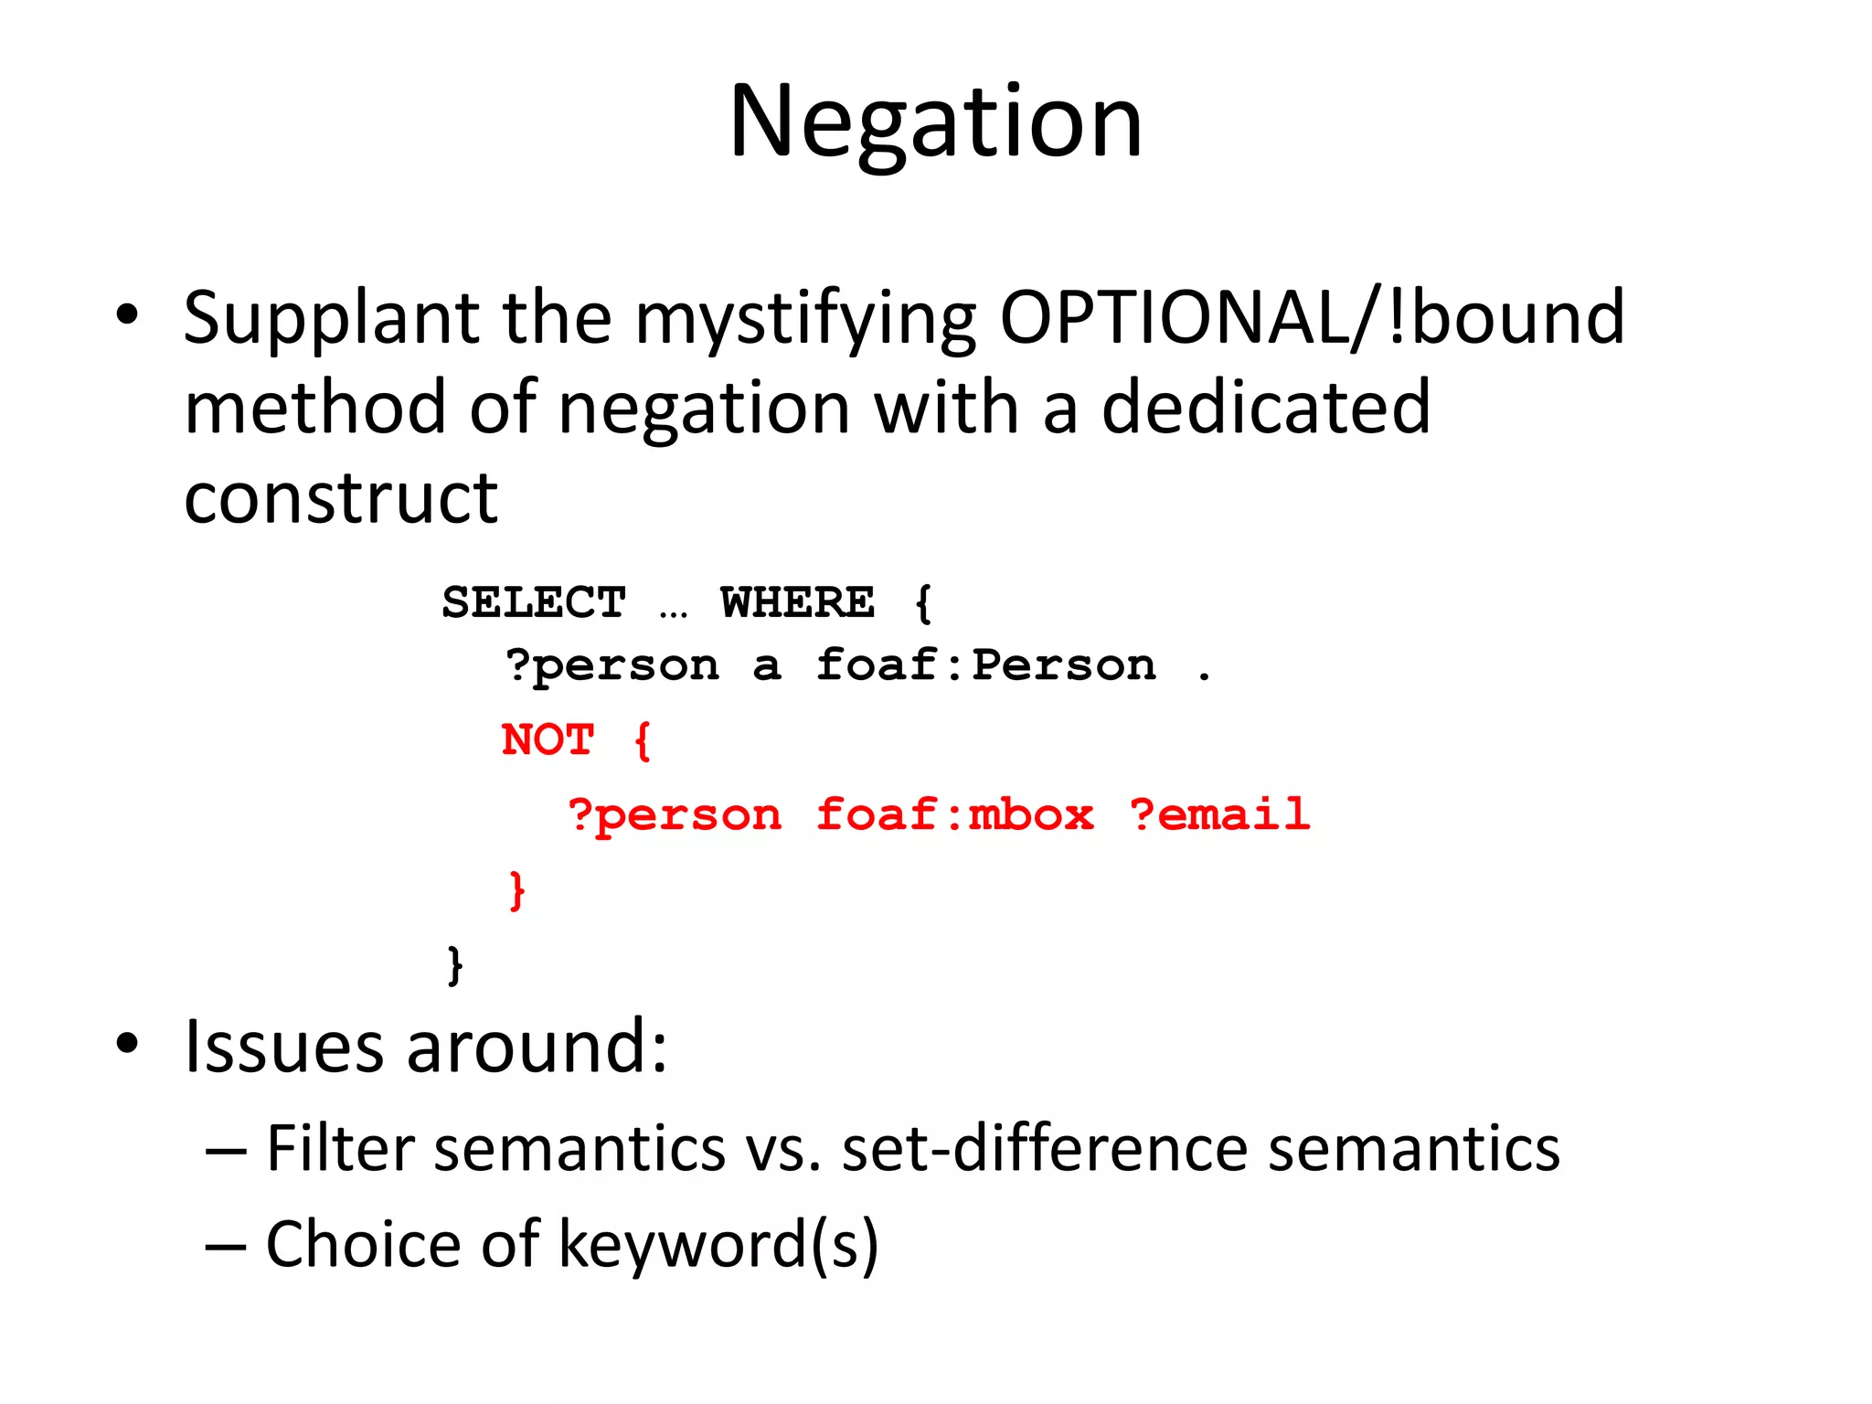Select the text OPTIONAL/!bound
click(x=1313, y=318)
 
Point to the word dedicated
click(x=1266, y=408)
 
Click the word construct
click(x=341, y=498)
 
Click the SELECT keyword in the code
click(x=534, y=602)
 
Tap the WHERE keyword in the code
click(x=797, y=602)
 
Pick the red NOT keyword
click(x=548, y=739)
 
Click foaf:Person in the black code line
click(x=985, y=665)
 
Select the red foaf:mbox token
click(x=954, y=814)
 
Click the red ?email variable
click(x=1219, y=814)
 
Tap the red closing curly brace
click(x=517, y=889)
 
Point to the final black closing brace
click(x=455, y=965)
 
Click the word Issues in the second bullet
click(x=283, y=1047)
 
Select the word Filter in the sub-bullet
click(x=340, y=1148)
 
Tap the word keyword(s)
click(x=718, y=1245)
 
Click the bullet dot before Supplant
click(x=127, y=316)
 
